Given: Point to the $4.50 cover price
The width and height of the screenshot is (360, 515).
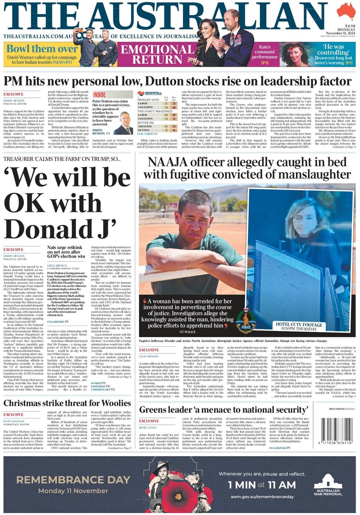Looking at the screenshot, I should pos(350,26).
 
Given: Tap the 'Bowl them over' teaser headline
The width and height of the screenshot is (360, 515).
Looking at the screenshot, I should pos(42,48).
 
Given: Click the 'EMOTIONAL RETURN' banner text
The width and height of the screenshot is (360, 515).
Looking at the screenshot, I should pos(158,54).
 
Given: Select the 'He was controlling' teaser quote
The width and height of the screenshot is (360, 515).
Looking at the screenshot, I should pos(333,50).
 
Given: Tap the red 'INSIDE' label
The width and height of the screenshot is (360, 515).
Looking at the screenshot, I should pos(99,95).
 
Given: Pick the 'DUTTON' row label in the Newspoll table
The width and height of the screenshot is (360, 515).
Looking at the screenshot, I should pos(144,130).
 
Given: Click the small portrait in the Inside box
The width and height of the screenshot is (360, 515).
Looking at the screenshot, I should pos(124,123).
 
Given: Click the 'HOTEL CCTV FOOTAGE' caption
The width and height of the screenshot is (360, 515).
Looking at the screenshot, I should pos(299,324).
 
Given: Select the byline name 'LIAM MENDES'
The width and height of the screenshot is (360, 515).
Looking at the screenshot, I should pos(149,356).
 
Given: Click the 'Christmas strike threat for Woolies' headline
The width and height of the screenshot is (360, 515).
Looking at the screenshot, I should pos(67,403).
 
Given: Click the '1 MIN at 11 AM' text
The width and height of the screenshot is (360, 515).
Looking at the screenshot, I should pos(262,485).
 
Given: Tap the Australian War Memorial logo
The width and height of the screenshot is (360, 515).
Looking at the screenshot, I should pos(328,485).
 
